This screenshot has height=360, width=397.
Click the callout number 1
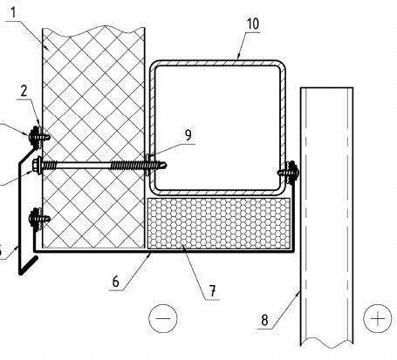click(x=15, y=12)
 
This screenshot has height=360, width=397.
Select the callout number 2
click(x=24, y=91)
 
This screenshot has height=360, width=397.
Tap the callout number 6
click(x=116, y=282)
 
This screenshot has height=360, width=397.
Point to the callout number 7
click(x=213, y=290)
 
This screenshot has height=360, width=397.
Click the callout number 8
click(x=264, y=320)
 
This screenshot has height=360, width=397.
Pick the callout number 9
click(x=188, y=135)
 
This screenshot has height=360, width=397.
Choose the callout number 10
click(x=252, y=24)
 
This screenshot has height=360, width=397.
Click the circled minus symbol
click(x=163, y=318)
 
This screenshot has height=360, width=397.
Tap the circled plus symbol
click(x=378, y=318)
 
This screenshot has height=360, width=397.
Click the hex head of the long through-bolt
click(x=37, y=166)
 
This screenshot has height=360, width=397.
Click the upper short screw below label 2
click(x=38, y=136)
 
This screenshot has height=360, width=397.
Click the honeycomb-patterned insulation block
click(x=219, y=223)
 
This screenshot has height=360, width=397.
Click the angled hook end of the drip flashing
click(x=29, y=265)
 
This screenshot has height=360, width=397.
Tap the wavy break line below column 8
click(x=327, y=343)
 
